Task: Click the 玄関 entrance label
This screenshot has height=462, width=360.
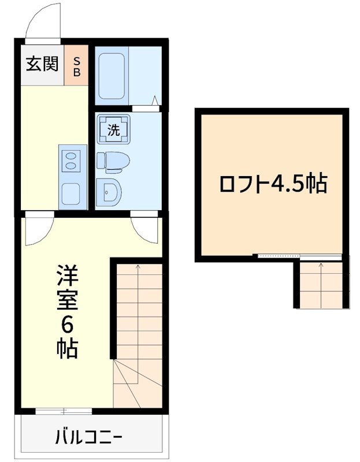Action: (x=42, y=64)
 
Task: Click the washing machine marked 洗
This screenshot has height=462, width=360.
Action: (x=114, y=129)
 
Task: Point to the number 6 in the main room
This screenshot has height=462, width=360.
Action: (x=67, y=326)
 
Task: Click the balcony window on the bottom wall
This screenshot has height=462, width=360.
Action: (x=64, y=411)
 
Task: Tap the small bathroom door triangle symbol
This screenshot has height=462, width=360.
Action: (x=155, y=102)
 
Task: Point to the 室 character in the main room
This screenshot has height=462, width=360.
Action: (x=67, y=300)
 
